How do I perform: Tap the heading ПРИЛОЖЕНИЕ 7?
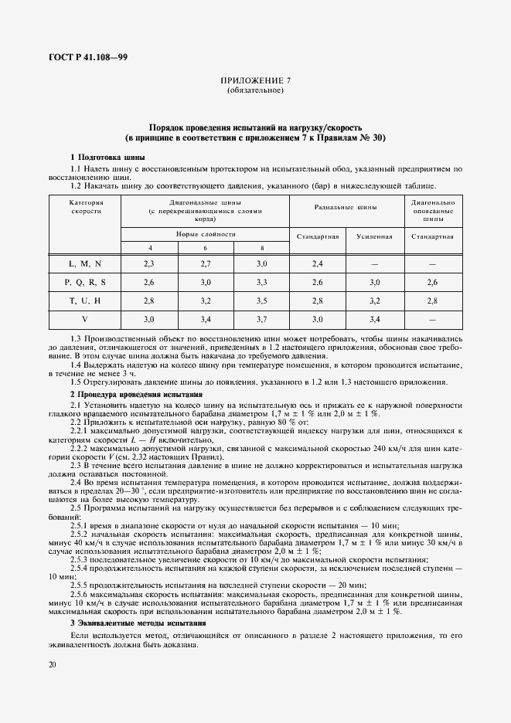click(x=255, y=81)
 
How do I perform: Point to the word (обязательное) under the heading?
click(x=255, y=91)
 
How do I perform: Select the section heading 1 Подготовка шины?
click(x=97, y=157)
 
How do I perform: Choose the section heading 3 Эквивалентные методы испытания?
click(x=138, y=622)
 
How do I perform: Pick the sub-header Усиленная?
click(x=374, y=236)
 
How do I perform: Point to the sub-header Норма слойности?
click(x=205, y=233)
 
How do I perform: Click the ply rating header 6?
click(x=205, y=247)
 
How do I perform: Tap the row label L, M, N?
click(x=85, y=264)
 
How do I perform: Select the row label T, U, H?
click(x=85, y=300)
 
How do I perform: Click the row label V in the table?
click(x=85, y=318)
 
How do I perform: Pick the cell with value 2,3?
click(x=149, y=264)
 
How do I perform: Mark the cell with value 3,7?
click(x=261, y=318)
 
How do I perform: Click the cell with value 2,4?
click(x=317, y=264)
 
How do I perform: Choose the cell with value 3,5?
click(x=261, y=300)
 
